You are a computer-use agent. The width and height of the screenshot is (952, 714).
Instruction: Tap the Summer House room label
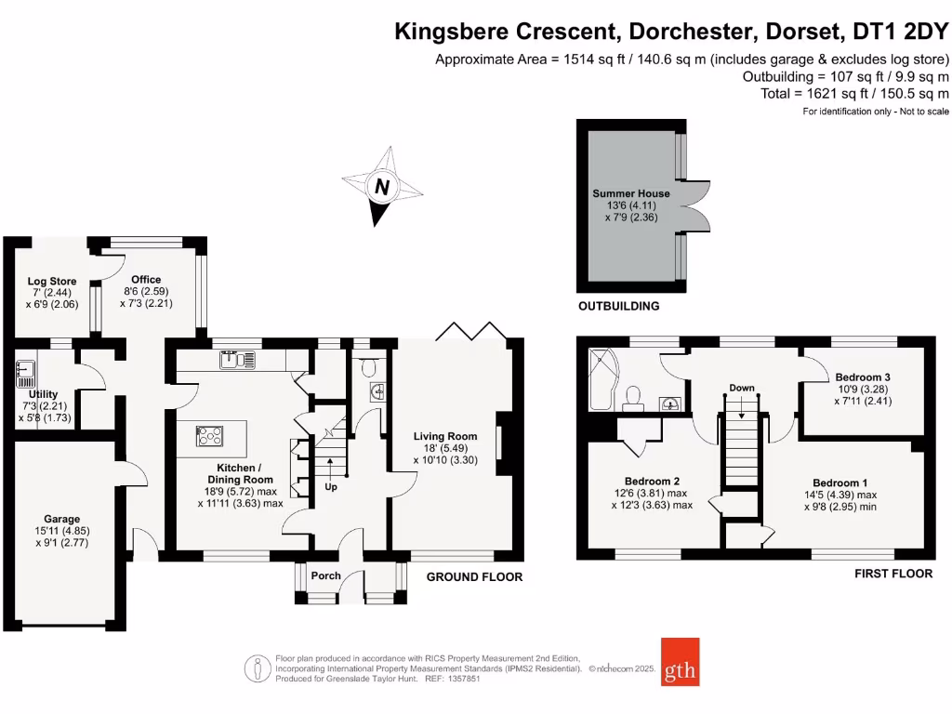click(631, 193)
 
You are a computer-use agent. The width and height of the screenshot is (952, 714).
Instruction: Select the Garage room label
click(62, 519)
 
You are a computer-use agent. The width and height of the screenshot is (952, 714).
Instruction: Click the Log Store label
click(52, 281)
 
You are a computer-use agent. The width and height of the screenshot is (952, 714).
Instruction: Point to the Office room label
click(146, 279)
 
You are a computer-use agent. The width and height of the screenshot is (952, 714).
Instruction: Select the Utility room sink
click(24, 373)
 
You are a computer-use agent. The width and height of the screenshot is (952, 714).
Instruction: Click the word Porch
click(325, 576)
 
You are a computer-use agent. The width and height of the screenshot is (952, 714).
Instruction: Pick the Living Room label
click(445, 436)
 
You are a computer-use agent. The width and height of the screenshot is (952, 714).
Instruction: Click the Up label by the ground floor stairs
click(331, 486)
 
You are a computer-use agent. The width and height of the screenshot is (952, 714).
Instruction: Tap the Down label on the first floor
click(741, 388)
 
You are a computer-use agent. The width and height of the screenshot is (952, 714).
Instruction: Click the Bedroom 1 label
click(840, 483)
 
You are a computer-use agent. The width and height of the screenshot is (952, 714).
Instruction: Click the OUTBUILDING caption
click(618, 306)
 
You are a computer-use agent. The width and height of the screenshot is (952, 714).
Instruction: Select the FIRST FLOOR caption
click(892, 574)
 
